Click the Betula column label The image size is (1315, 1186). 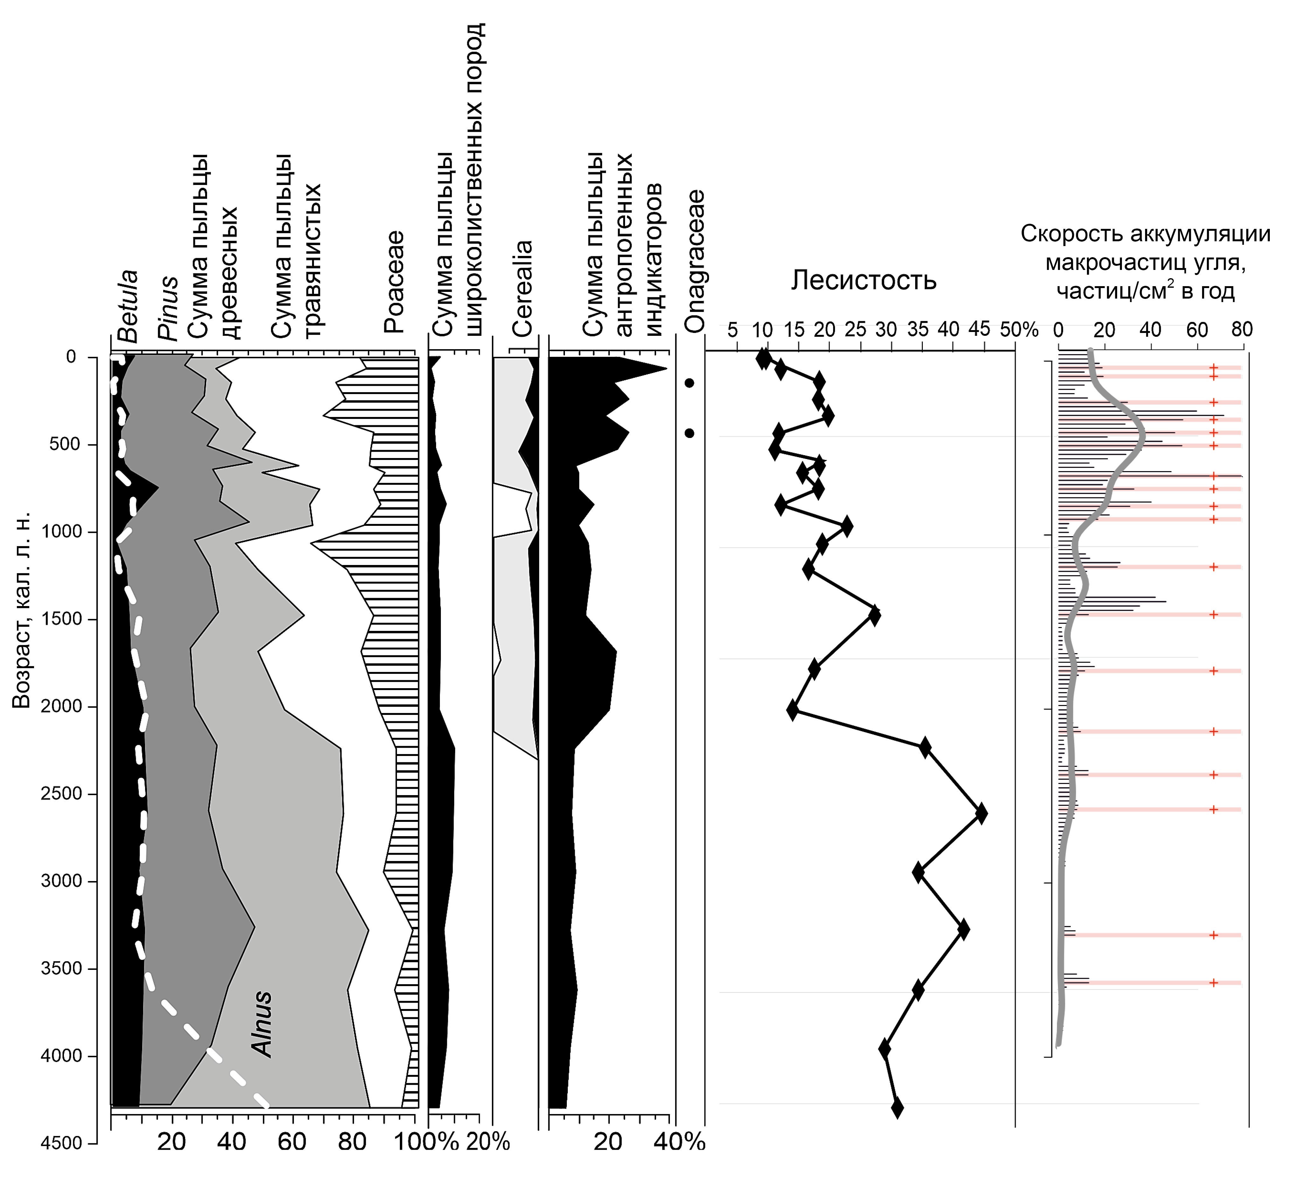pyautogui.click(x=128, y=306)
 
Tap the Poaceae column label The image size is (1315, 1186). pyautogui.click(x=394, y=282)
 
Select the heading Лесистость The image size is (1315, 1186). pyautogui.click(x=864, y=280)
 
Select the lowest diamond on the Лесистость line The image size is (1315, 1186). pyautogui.click(x=897, y=1107)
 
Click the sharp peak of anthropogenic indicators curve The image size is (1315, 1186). pyautogui.click(x=666, y=370)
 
